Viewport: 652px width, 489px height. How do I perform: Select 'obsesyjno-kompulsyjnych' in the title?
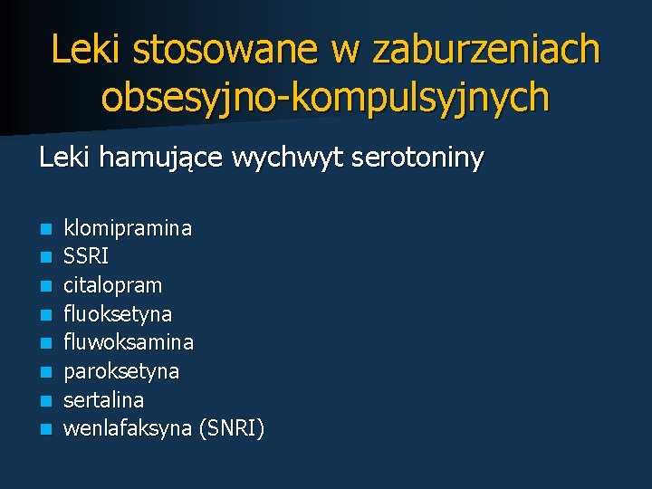[x=325, y=97]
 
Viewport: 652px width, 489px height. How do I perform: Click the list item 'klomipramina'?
[x=127, y=228]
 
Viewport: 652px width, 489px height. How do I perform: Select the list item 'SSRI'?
[x=86, y=256]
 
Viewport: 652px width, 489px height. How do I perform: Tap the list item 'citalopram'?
[x=112, y=285]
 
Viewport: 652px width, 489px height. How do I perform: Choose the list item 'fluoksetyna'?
[x=117, y=314]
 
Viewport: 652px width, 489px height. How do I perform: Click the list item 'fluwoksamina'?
[x=128, y=342]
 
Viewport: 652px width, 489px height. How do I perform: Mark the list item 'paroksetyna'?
[x=120, y=371]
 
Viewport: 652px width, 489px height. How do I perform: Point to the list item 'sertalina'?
[x=103, y=399]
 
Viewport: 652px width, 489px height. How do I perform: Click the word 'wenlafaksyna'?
[x=126, y=428]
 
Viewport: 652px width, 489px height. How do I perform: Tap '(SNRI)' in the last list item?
[x=230, y=428]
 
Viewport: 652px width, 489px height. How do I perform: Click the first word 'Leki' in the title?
[x=87, y=49]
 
